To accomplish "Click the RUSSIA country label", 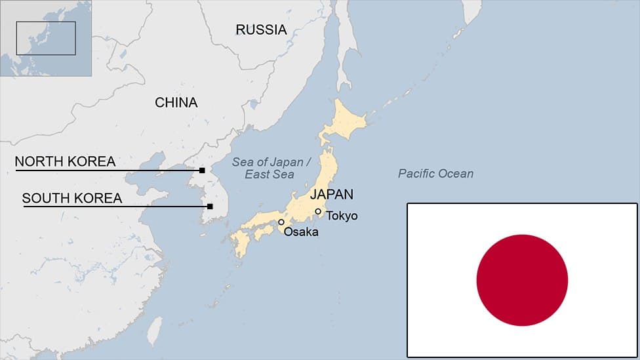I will click(x=261, y=30).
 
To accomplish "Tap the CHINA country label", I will click(x=176, y=102).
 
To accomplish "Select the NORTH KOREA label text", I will click(x=65, y=161).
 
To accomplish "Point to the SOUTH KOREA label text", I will click(x=71, y=198).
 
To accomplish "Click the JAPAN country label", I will click(x=331, y=194).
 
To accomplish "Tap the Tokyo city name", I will click(x=342, y=215).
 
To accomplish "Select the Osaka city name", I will click(x=301, y=231).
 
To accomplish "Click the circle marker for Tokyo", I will click(x=318, y=211).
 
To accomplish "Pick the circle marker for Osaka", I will click(x=281, y=222).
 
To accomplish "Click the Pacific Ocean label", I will click(x=435, y=174).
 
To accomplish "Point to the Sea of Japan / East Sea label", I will click(x=268, y=169).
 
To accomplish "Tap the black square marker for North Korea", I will click(x=202, y=170).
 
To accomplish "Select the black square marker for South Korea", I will click(x=210, y=207).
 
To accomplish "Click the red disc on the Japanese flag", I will click(x=522, y=280).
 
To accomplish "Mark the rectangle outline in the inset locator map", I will click(x=46, y=38).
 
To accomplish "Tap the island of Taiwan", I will click(x=154, y=331).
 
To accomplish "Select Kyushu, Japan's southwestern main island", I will click(x=240, y=243).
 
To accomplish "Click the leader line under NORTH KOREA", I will click(x=105, y=170).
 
